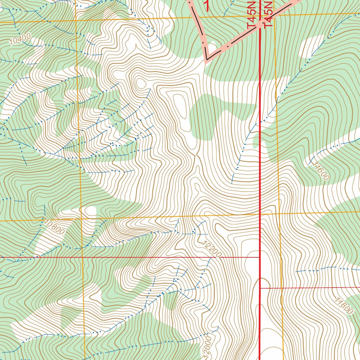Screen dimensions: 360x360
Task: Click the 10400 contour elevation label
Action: [x=20, y=39]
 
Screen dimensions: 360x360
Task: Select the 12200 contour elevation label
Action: [x=212, y=249]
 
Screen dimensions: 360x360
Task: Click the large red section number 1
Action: [x=207, y=5]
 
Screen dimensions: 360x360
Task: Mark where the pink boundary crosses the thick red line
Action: [x=261, y=25]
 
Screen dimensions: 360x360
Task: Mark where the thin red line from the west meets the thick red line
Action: [x=260, y=257]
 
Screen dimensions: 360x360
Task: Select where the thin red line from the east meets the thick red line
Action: [x=261, y=288]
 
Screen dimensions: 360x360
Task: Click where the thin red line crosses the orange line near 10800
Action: [x=82, y=257]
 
